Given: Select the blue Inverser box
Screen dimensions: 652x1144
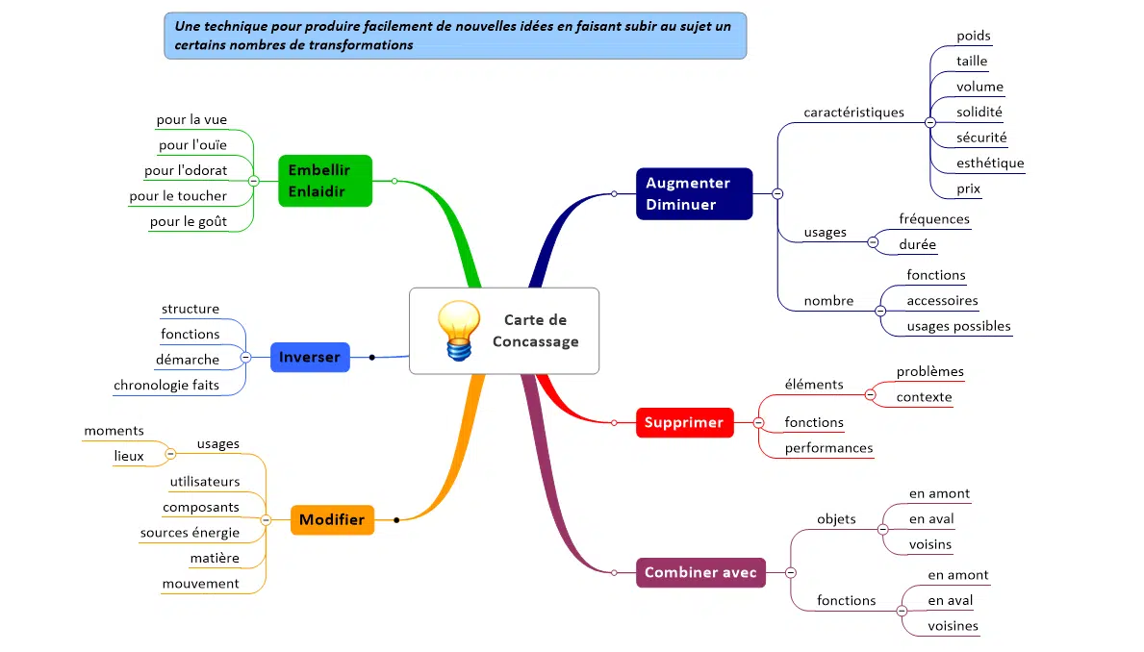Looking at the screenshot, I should (x=310, y=357).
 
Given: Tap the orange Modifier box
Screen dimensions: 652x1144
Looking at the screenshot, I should (x=332, y=519).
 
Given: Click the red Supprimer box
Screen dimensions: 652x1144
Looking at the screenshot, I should (x=684, y=422).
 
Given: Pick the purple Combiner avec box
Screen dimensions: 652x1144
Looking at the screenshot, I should (x=701, y=572).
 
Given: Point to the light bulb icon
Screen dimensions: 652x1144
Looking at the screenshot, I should (x=458, y=330).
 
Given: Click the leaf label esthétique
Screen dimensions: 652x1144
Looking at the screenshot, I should (x=990, y=163).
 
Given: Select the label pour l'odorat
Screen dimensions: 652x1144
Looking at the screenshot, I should (x=186, y=170).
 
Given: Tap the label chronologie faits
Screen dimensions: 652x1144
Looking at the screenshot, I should (x=166, y=385).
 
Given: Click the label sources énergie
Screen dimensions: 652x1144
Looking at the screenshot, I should (x=190, y=532).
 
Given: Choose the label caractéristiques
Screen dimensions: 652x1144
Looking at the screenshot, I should (x=853, y=112).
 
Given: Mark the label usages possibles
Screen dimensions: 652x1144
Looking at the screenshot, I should (x=958, y=325).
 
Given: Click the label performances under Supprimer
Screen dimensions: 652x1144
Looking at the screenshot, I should (x=828, y=447).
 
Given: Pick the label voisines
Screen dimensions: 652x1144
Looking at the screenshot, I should (x=953, y=625).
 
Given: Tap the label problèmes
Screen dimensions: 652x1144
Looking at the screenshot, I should (x=929, y=371).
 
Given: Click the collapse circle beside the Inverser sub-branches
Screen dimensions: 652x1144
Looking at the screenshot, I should (x=245, y=357).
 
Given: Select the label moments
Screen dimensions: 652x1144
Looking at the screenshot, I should (x=114, y=430).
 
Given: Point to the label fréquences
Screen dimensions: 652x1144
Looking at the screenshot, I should (x=933, y=218).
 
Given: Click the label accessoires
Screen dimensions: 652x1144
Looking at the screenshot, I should (x=942, y=300).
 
